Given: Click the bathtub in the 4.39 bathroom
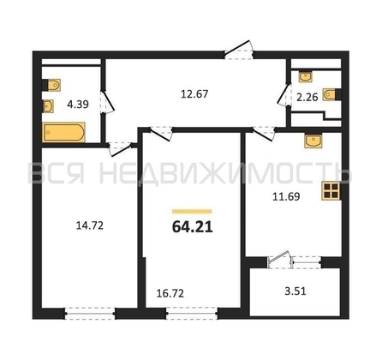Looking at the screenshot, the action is click(x=63, y=132).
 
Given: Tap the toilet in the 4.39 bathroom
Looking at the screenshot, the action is click(x=52, y=85).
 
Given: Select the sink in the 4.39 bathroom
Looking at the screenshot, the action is click(x=48, y=106).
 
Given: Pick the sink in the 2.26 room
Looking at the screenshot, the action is click(x=306, y=77).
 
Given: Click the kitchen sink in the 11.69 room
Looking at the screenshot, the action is click(x=313, y=141).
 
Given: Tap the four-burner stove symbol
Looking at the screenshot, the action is click(x=331, y=191).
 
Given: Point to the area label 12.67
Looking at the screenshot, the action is click(x=194, y=94).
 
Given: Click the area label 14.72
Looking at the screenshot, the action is click(x=90, y=225).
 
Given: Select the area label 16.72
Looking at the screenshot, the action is click(x=170, y=293).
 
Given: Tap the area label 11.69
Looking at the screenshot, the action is click(x=286, y=196).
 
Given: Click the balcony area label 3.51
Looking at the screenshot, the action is click(x=295, y=291).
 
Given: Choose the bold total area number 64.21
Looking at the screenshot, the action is click(x=193, y=227).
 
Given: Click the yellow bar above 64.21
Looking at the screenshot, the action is click(x=192, y=212).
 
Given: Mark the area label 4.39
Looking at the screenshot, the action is click(x=78, y=105).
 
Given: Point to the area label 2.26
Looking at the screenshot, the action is click(x=307, y=97).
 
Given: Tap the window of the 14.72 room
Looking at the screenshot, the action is click(x=90, y=314).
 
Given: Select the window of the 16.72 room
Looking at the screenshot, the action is click(x=192, y=314).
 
